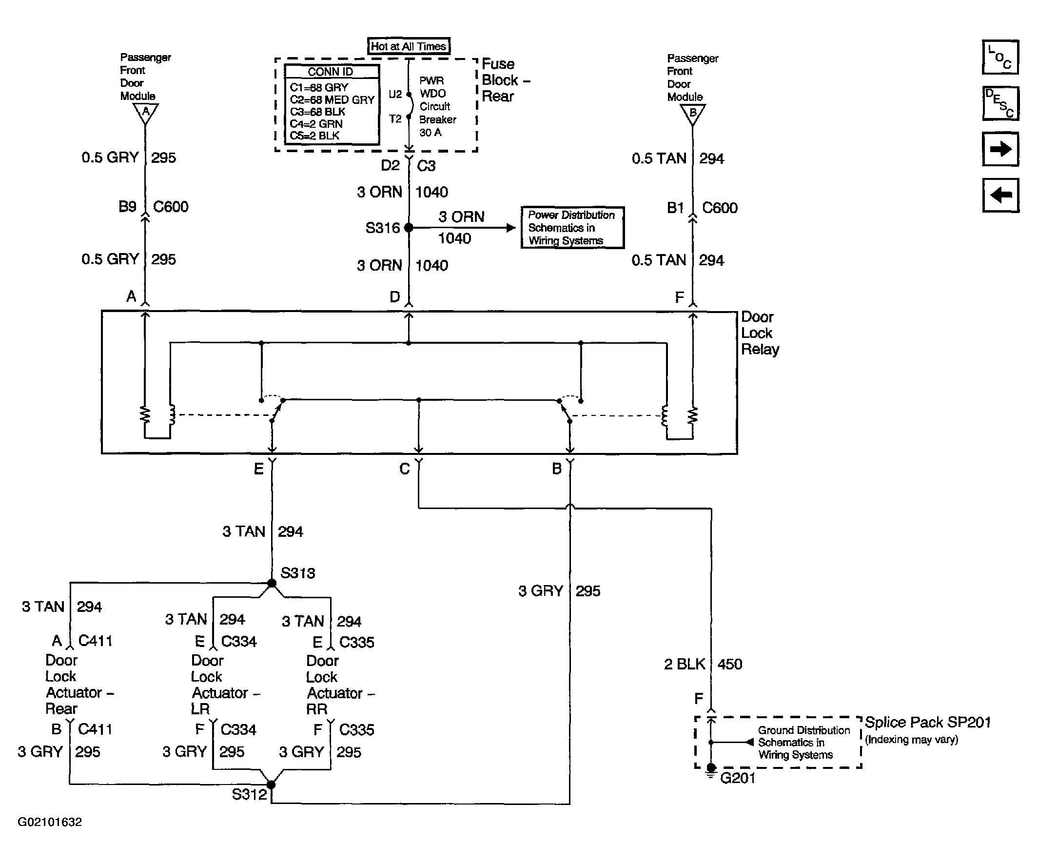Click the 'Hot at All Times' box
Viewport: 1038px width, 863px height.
tap(408, 46)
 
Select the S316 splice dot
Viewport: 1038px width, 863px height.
tap(409, 228)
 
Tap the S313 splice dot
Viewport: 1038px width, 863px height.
tap(272, 583)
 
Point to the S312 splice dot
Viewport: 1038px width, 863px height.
tap(272, 785)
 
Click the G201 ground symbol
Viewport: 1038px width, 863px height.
tap(711, 770)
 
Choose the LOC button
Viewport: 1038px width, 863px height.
tap(1000, 58)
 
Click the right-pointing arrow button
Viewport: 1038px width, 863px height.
tap(1000, 149)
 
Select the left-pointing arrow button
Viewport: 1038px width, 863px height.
tap(1000, 195)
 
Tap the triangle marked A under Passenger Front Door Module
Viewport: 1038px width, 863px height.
tap(146, 113)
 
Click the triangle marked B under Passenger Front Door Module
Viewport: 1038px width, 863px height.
tap(693, 114)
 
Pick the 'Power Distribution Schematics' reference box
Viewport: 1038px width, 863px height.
tap(572, 228)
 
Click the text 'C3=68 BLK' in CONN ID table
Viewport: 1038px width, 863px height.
tap(317, 112)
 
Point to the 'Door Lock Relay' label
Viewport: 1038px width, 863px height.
tap(760, 333)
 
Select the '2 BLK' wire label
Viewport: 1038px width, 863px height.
tap(685, 664)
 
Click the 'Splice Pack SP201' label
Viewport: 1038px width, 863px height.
tap(928, 722)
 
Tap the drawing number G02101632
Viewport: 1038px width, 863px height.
tap(50, 822)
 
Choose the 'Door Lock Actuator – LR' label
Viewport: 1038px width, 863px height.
tap(225, 685)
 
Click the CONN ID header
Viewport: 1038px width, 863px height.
tap(330, 72)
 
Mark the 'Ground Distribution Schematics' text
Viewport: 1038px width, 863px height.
tap(803, 743)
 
